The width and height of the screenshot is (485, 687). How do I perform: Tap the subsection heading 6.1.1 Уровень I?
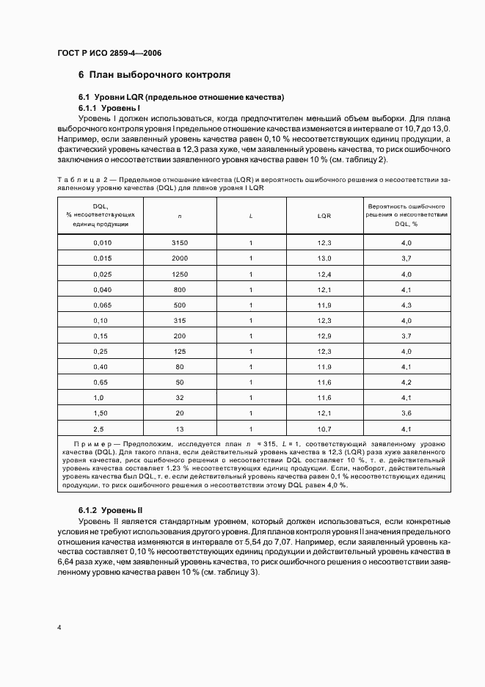coord(109,108)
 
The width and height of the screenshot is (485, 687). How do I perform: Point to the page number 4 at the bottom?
coord(59,628)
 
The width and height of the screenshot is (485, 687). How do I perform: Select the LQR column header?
coord(324,216)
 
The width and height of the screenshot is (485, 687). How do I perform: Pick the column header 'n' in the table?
coord(180,216)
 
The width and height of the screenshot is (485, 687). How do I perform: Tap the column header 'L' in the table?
coord(251,216)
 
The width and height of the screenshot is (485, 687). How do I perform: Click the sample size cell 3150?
coord(180,242)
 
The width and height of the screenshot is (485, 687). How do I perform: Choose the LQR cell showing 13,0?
coord(324,258)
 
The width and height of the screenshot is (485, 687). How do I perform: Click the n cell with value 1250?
coord(180,273)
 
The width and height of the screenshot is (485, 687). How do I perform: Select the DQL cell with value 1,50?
coord(102,412)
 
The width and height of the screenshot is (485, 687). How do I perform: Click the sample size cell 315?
coord(180,319)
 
